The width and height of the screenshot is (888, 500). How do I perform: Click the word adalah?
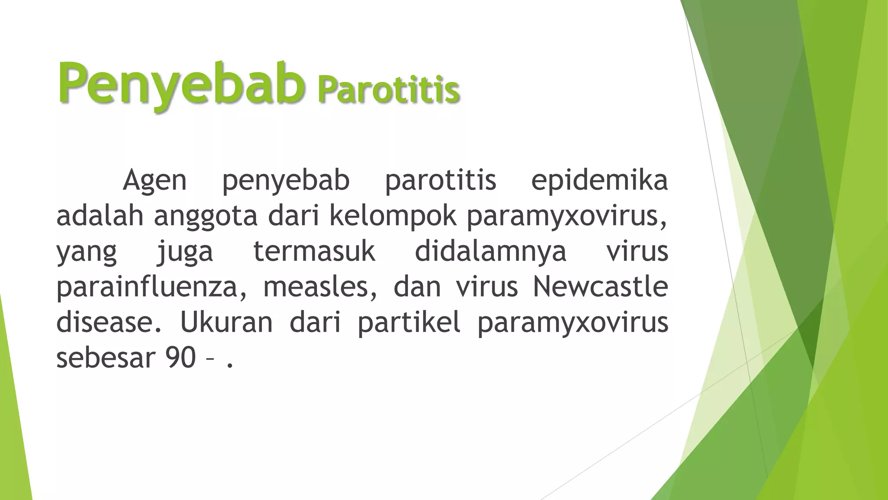[100, 216]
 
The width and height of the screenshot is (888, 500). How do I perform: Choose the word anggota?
[206, 216]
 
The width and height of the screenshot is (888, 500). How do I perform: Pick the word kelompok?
[393, 216]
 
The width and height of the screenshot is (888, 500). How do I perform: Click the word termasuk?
[314, 251]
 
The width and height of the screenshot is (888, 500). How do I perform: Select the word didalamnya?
[490, 252]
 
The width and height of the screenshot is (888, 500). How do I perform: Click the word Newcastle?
[600, 287]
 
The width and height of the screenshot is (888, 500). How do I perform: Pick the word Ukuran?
[226, 322]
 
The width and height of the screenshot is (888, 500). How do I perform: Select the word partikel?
[409, 322]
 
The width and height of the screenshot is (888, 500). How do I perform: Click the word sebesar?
[105, 358]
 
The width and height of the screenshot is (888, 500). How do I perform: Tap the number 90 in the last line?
[180, 358]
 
